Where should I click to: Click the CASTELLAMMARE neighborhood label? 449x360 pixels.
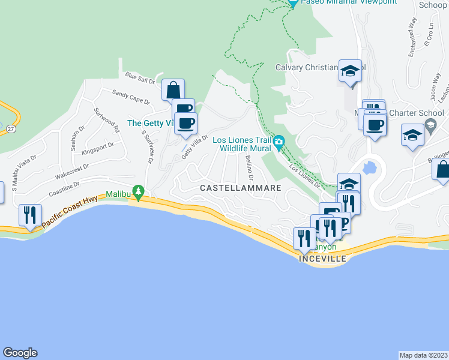pos(241,188)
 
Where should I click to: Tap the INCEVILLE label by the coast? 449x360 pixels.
pos(322,258)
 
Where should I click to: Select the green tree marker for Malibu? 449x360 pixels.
pos(139,192)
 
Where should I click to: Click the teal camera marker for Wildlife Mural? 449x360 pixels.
pos(279,143)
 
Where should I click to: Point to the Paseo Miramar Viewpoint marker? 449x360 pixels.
pos(292,3)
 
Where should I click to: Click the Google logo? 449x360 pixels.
pos(20,353)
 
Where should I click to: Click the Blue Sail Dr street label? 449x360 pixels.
pos(140,77)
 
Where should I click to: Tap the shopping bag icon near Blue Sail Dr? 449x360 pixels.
pos(173,90)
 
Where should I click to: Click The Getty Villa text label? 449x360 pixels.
pos(151,124)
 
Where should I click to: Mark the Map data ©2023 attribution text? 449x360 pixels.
pos(424,355)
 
